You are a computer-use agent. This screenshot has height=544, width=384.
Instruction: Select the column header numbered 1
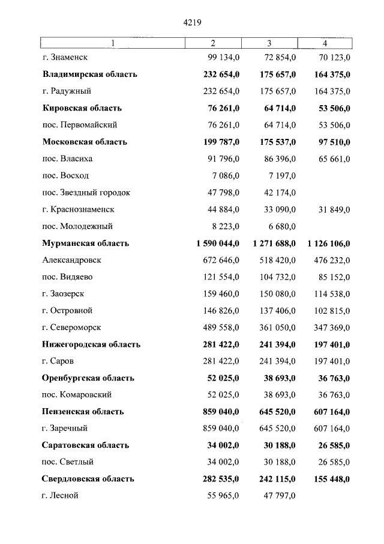click(x=112, y=43)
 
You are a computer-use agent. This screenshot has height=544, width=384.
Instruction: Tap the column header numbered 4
click(x=325, y=43)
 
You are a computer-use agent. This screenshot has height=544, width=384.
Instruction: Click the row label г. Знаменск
click(x=65, y=58)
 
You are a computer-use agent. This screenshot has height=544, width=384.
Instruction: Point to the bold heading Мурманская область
click(x=86, y=243)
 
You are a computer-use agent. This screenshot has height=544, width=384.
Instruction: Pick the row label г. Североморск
click(x=71, y=328)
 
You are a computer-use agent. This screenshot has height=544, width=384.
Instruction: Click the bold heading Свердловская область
click(x=88, y=479)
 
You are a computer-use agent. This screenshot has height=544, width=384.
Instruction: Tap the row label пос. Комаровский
click(x=77, y=395)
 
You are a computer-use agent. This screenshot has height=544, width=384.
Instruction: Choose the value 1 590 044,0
click(x=218, y=243)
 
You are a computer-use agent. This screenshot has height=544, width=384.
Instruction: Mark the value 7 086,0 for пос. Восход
click(x=227, y=176)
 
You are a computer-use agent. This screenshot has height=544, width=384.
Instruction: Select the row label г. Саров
click(x=59, y=361)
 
